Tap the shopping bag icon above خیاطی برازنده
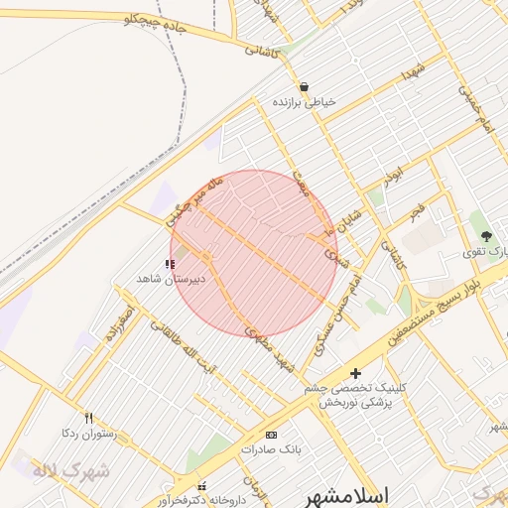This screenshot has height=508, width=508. (x=304, y=86)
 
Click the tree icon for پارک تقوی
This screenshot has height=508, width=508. (x=486, y=236)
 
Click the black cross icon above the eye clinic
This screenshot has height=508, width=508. (x=356, y=374)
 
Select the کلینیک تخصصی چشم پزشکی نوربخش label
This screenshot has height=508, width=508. (x=356, y=397)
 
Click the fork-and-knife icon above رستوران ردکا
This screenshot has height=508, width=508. (x=89, y=418)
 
